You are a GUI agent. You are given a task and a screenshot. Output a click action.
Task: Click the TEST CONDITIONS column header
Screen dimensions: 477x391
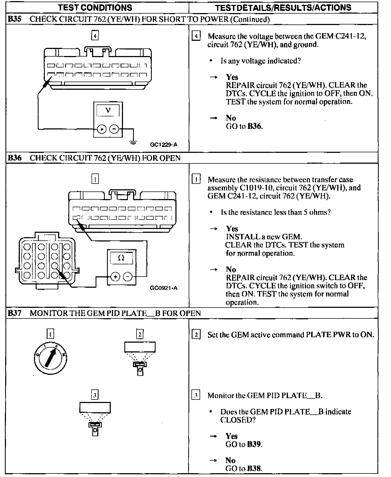click(95, 7)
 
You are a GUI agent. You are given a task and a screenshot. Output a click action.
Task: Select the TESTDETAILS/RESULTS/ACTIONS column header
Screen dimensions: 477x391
click(283, 7)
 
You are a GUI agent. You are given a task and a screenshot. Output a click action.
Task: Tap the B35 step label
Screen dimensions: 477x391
click(14, 19)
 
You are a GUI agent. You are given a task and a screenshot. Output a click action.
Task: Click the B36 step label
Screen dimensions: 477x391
click(14, 158)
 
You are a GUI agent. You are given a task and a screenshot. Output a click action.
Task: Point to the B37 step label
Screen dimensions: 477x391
click(14, 313)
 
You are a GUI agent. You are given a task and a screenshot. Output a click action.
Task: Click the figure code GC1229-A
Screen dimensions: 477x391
click(163, 144)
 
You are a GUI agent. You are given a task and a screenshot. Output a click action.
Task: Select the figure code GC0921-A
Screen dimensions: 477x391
click(163, 288)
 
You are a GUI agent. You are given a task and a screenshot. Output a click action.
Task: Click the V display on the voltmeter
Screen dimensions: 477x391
click(108, 111)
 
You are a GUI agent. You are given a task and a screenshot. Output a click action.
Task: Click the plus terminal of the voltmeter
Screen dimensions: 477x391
click(102, 129)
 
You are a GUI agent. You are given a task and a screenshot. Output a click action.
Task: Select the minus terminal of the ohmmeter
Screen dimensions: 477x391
click(128, 277)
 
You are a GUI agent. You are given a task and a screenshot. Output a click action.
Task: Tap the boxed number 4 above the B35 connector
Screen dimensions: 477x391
click(95, 36)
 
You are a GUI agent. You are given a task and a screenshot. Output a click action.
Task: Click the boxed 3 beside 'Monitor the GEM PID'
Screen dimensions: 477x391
click(196, 395)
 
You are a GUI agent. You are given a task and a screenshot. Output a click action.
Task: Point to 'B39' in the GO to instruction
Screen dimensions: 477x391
click(254, 444)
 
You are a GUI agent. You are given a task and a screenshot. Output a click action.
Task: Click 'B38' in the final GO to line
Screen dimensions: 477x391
click(254, 468)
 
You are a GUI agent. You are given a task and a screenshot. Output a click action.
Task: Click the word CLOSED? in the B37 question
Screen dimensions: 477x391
click(238, 420)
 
